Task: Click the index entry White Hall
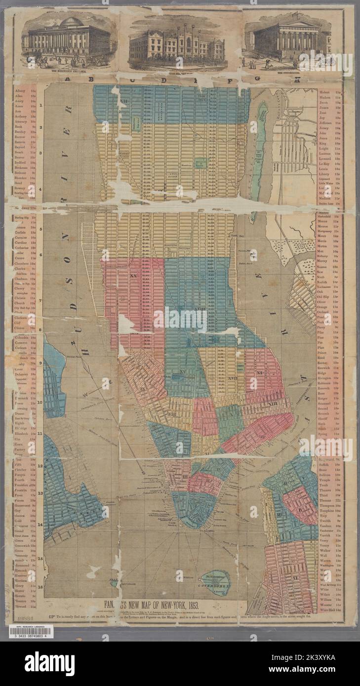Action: click(x=327, y=610)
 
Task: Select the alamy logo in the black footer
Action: click(x=49, y=663)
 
